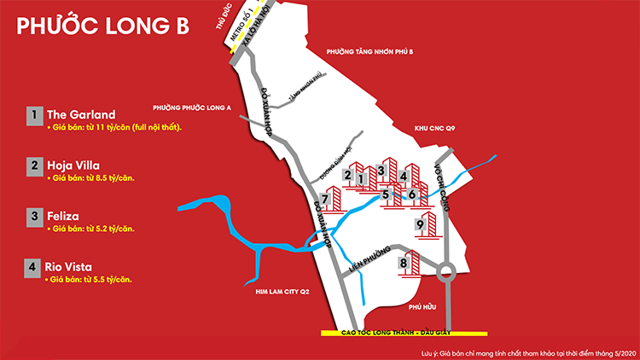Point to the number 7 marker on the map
click(x=325, y=200)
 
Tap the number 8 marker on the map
click(x=404, y=264)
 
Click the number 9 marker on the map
click(x=420, y=224)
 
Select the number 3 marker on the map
click(x=381, y=170)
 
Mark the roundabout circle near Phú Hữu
click(x=445, y=275)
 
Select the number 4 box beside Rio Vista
click(x=32, y=267)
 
